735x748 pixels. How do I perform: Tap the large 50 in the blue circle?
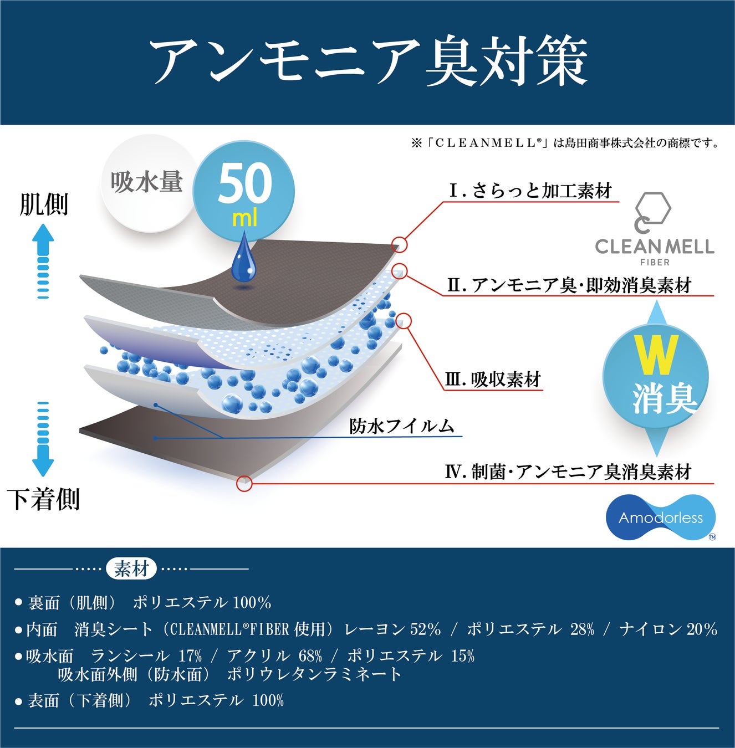(x=244, y=185)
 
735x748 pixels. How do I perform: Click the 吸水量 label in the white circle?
(x=146, y=182)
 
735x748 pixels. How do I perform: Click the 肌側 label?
(x=44, y=204)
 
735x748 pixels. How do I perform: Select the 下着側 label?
(x=44, y=499)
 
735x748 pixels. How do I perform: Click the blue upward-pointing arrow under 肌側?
(x=43, y=261)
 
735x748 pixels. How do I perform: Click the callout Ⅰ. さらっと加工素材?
(x=530, y=191)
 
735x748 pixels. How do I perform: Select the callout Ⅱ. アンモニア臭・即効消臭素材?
(x=569, y=285)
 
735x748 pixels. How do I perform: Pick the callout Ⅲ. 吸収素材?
(x=493, y=380)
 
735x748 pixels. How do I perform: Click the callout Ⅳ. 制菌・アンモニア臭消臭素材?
(x=568, y=472)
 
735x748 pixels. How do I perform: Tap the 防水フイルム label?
(x=402, y=426)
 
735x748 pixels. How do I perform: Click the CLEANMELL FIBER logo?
(x=654, y=230)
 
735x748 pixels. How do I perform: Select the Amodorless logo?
(x=661, y=518)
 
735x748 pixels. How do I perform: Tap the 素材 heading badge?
(x=131, y=569)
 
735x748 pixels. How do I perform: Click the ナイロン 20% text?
(x=668, y=629)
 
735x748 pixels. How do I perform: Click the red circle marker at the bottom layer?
(x=244, y=483)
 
